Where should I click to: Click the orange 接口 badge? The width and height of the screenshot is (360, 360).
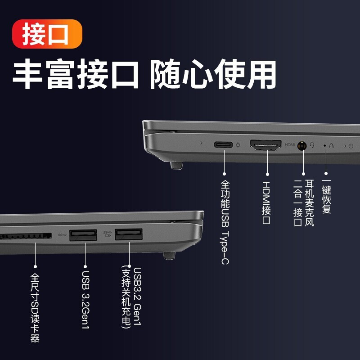click(x=47, y=34)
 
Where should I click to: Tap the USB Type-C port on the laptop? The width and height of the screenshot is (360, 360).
click(x=223, y=144)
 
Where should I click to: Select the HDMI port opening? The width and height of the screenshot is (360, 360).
click(x=265, y=145)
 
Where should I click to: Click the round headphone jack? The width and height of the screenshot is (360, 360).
click(x=302, y=145)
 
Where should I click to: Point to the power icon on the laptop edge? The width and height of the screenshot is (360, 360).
click(x=351, y=146)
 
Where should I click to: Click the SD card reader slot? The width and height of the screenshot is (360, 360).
click(x=26, y=236)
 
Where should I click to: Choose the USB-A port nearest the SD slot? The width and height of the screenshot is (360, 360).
click(x=83, y=235)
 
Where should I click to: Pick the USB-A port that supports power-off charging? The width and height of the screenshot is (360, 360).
click(x=129, y=234)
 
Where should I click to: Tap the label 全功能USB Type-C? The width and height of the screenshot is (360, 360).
click(x=225, y=222)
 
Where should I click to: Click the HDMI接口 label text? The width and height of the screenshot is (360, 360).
click(x=266, y=203)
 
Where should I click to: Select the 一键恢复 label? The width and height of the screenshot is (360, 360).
click(x=326, y=196)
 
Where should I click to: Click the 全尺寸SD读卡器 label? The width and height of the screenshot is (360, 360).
click(x=35, y=308)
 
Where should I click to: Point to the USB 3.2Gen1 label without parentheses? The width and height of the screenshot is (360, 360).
click(x=85, y=300)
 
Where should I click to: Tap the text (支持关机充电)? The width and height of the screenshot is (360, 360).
click(x=126, y=297)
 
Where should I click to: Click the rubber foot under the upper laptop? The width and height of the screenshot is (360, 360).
click(x=176, y=166)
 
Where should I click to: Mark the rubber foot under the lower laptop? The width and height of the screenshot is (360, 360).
click(x=169, y=256)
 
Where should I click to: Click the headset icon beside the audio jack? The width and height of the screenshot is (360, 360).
click(x=312, y=145)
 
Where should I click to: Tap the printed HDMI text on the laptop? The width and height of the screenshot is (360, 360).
click(x=290, y=144)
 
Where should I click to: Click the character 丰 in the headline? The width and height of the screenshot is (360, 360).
click(x=27, y=74)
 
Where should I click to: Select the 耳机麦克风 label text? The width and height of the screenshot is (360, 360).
click(x=309, y=203)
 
